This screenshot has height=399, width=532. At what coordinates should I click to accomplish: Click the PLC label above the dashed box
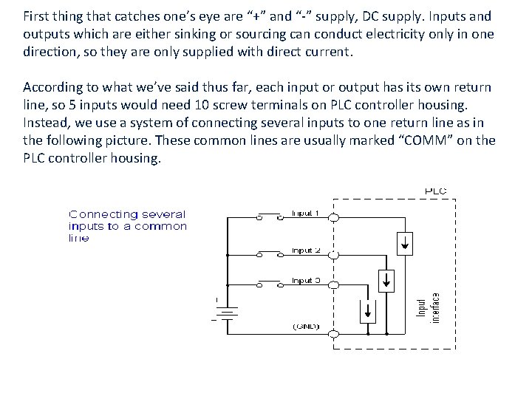[x=435, y=191]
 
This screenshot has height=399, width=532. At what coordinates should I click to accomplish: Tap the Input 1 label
[x=304, y=213]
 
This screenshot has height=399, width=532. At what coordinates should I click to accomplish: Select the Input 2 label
[x=305, y=250]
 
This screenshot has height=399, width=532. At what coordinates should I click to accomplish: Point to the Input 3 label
[x=305, y=281]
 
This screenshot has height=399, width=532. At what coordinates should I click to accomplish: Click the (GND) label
[x=305, y=326]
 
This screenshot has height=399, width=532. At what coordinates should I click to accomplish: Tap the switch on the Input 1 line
[x=269, y=216]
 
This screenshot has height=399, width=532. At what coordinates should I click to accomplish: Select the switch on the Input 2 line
[x=269, y=253]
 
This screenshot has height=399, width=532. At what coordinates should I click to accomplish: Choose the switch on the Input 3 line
[x=269, y=284]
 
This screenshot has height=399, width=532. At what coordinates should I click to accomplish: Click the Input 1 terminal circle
[x=333, y=217]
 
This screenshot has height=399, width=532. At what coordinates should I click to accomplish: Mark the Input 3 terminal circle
[x=333, y=284]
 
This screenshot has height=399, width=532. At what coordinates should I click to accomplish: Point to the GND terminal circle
[x=333, y=334]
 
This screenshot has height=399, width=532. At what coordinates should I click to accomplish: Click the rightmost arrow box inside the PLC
[x=405, y=242]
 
